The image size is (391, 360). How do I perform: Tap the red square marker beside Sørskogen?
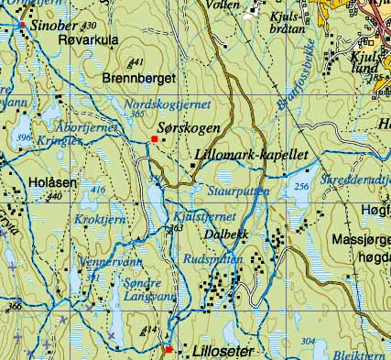pyautogui.click(x=154, y=139)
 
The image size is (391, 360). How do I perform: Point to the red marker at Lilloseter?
pyautogui.click(x=168, y=349)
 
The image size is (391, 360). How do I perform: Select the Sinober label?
pyautogui.click(x=56, y=27)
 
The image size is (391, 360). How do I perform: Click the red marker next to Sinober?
pyautogui.click(x=22, y=27)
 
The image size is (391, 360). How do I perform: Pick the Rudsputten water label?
pyautogui.click(x=212, y=258)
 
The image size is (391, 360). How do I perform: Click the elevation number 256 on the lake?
pyautogui.click(x=302, y=187)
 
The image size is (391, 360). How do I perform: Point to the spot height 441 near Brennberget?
pyautogui.click(x=136, y=62)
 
